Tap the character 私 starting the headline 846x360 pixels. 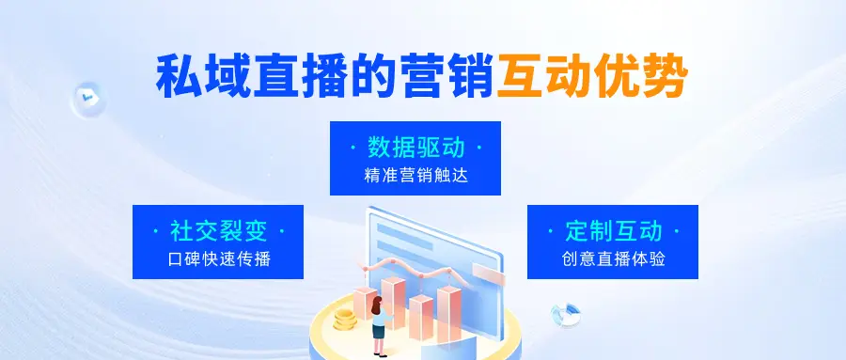[x=179, y=74]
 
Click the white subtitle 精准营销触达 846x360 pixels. [x=415, y=175]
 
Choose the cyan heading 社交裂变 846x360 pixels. [x=217, y=230]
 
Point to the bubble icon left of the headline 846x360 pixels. [x=87, y=96]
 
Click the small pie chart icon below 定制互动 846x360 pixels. [x=564, y=314]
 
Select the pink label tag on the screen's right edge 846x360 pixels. [x=486, y=271]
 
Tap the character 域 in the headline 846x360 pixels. [x=227, y=74]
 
